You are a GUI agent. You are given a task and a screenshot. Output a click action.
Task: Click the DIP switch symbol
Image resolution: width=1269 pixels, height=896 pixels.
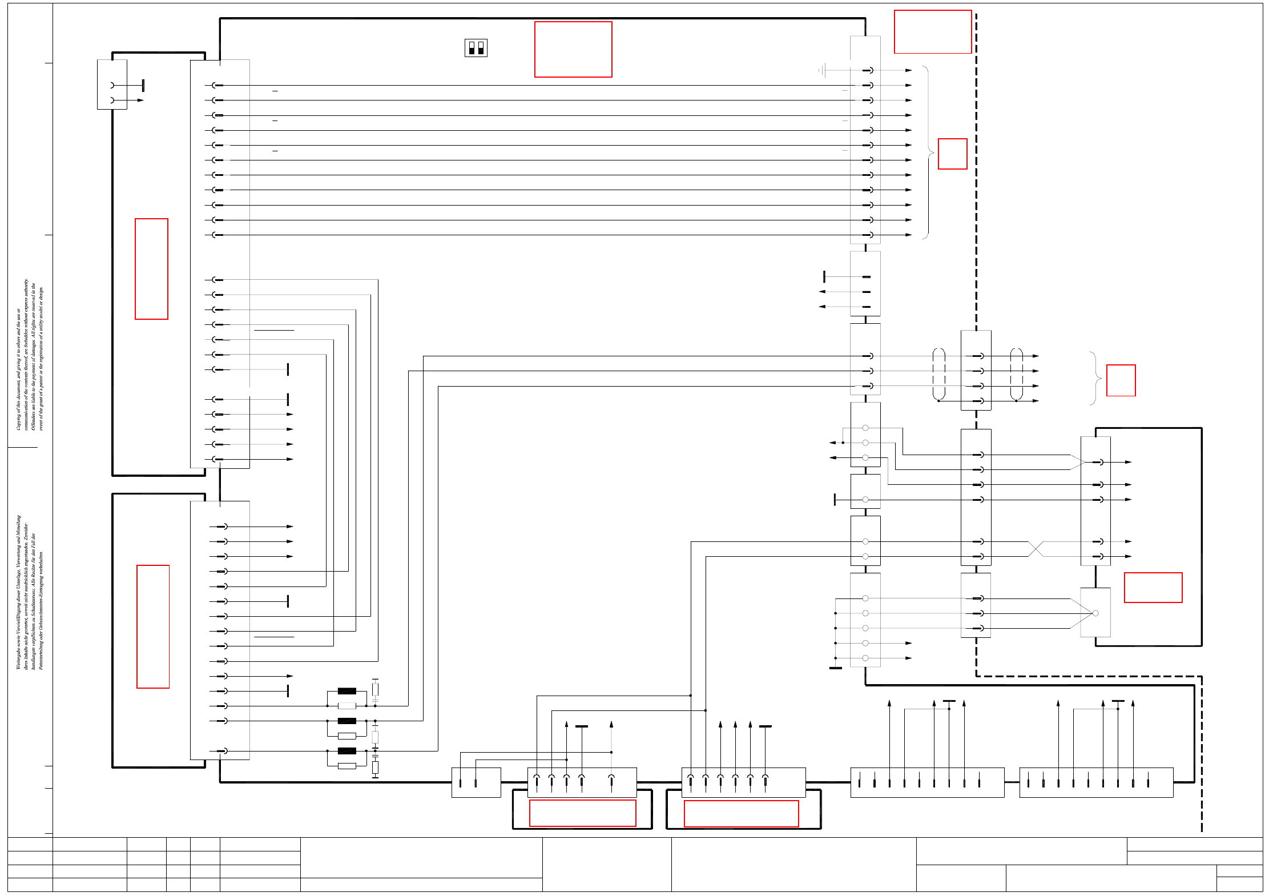click(476, 48)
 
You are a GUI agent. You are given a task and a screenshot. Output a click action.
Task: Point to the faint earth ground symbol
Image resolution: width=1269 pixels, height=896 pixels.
click(821, 70)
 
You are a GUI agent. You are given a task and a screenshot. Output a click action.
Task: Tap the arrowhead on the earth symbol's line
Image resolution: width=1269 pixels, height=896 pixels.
click(908, 70)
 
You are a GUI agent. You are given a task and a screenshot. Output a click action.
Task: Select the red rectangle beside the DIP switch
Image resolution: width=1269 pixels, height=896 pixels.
click(573, 49)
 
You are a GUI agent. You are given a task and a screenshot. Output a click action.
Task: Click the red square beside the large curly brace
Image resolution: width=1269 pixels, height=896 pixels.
click(953, 154)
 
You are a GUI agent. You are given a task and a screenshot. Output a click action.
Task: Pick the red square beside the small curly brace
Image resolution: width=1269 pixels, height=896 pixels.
click(1121, 380)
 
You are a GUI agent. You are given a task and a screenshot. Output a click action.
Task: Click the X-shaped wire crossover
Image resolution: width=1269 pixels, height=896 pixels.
click(1036, 549)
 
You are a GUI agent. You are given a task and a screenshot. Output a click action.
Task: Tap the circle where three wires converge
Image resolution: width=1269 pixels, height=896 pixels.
click(1095, 613)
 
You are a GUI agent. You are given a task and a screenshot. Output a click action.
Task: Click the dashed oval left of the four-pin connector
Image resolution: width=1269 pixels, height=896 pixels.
click(938, 374)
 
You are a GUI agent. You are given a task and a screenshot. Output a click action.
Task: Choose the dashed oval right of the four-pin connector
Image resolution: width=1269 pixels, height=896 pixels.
click(1016, 374)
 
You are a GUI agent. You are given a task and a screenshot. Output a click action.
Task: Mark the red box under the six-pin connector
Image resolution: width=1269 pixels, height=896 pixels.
click(741, 814)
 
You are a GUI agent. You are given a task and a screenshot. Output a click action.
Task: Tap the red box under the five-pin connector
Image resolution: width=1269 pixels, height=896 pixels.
click(582, 813)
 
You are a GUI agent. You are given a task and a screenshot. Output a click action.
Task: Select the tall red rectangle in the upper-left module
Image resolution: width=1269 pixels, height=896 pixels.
click(151, 269)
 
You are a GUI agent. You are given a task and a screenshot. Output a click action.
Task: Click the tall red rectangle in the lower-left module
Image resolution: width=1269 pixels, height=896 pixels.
click(153, 626)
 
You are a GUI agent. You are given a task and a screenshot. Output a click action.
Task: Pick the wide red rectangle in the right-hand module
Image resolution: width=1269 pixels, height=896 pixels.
click(1153, 588)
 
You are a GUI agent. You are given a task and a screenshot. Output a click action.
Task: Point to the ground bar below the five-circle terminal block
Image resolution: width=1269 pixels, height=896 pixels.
click(835, 668)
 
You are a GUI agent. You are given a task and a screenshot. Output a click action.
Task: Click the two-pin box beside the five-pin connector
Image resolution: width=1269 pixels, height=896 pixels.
click(476, 782)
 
